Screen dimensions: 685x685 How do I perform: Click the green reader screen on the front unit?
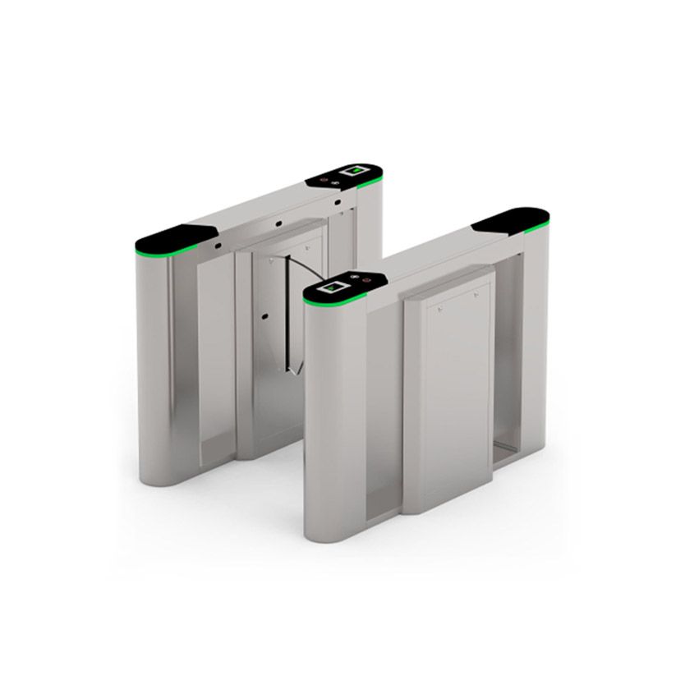(335, 288)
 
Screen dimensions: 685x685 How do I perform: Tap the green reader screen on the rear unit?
(357, 171)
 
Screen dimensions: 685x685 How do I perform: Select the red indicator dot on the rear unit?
(323, 178)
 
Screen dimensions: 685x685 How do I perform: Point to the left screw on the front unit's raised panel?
(440, 309)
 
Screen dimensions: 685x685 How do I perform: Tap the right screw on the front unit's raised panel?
(476, 293)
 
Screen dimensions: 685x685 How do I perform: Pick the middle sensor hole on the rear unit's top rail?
(279, 223)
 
